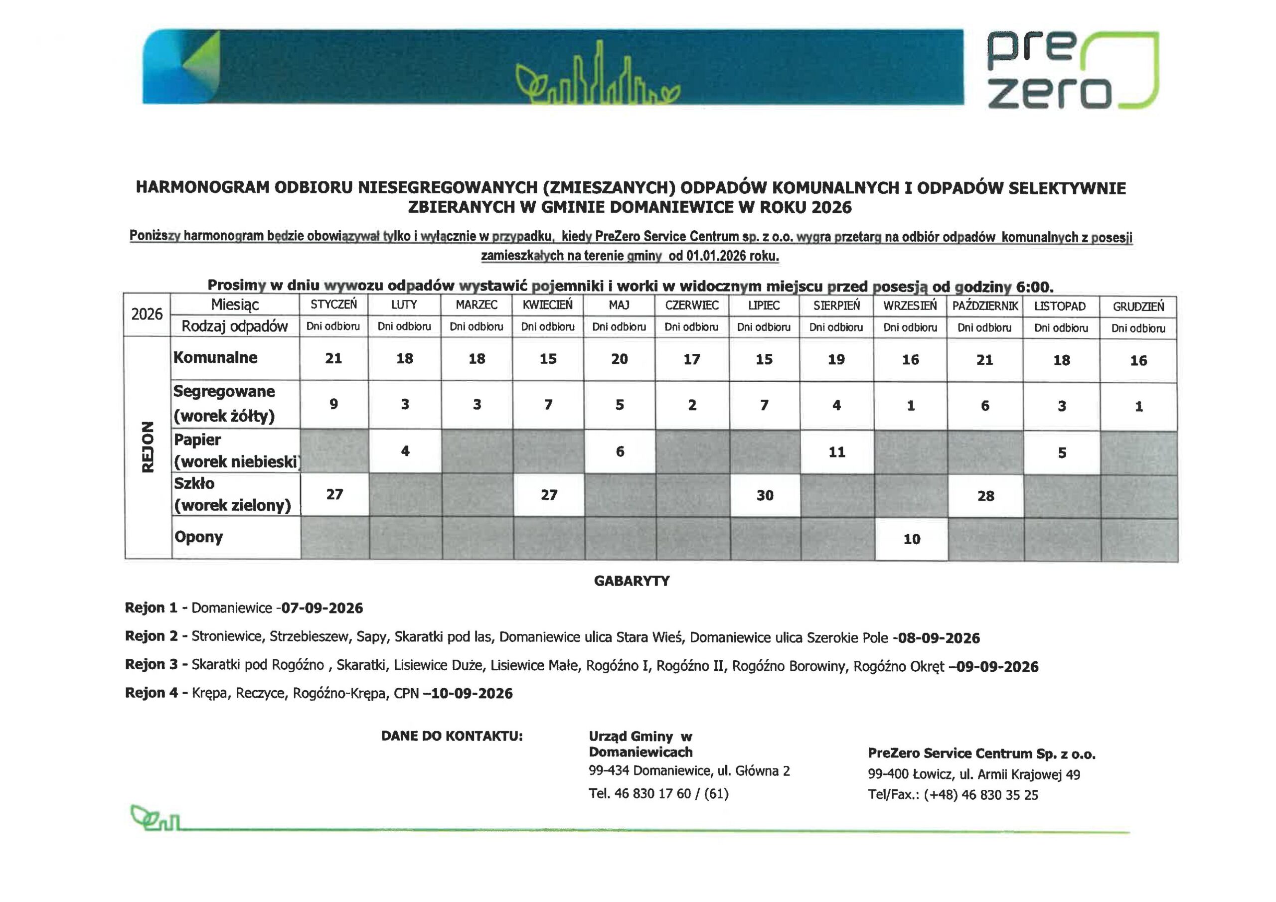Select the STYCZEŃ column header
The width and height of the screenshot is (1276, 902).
click(x=333, y=304)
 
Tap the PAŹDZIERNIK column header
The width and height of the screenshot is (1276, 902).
click(x=985, y=305)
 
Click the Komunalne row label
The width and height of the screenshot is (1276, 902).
click(x=216, y=357)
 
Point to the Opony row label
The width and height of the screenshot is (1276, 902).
click(x=199, y=537)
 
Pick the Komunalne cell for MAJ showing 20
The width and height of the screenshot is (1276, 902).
click(x=619, y=359)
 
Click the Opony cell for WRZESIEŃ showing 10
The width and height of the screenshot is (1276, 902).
click(x=912, y=539)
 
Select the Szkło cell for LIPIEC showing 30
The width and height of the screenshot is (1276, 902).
click(x=765, y=495)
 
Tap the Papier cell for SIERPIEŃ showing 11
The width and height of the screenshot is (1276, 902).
click(x=836, y=452)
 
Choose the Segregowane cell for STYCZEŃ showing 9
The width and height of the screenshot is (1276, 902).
click(x=333, y=404)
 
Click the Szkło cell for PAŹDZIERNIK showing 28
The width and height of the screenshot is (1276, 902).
click(x=985, y=496)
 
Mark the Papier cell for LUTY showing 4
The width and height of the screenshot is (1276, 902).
click(x=405, y=451)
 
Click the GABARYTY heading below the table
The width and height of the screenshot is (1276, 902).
click(x=632, y=581)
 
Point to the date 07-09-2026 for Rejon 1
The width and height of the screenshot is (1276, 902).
click(x=322, y=608)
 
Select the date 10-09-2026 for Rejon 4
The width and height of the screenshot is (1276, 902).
click(x=472, y=694)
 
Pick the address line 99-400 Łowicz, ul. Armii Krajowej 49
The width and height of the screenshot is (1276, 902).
click(x=973, y=774)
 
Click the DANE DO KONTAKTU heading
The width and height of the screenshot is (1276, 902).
click(x=452, y=736)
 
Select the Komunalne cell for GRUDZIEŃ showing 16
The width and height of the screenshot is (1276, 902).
click(x=1138, y=361)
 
